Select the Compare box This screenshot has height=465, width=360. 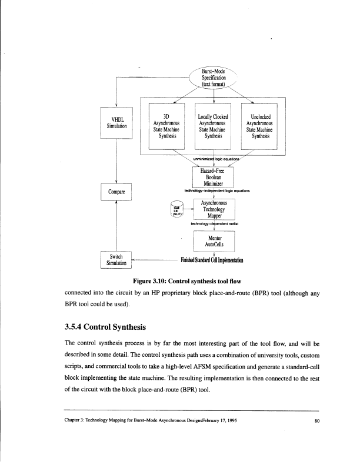[x=117, y=191]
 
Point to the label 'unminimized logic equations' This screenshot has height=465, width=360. [x=213, y=159]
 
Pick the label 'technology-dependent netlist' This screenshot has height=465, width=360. [x=213, y=223]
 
